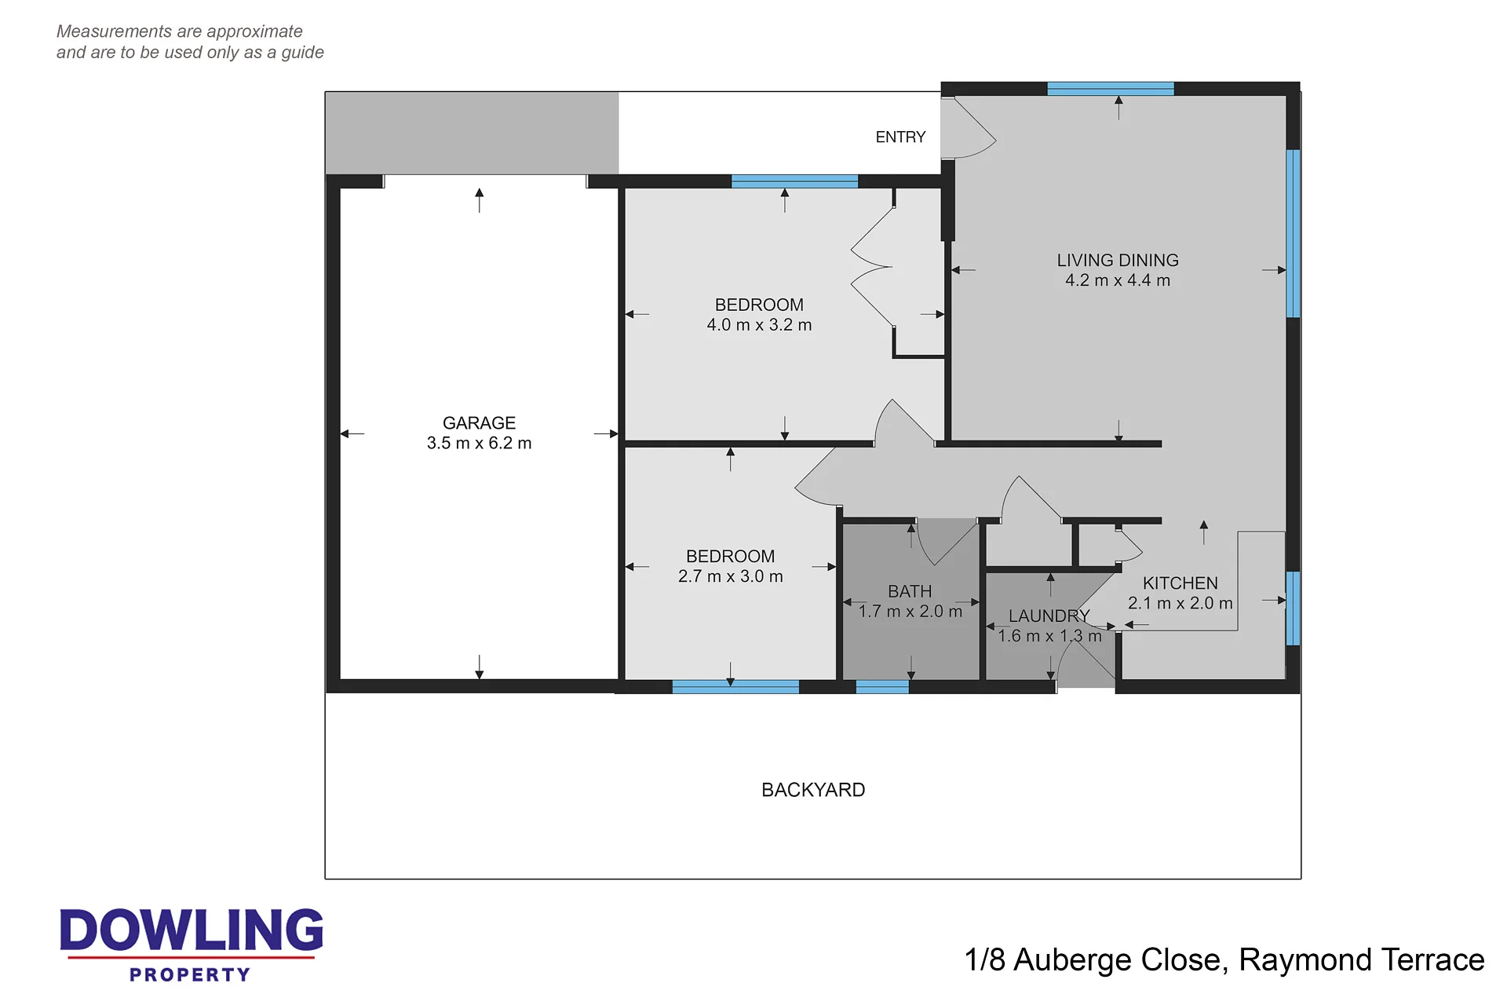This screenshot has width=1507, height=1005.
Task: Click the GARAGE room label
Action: [479, 423]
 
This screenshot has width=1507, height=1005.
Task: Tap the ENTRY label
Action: [900, 137]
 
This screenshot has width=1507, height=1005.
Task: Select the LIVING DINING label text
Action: [1118, 260]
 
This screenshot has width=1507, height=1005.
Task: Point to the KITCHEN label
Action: [1180, 583]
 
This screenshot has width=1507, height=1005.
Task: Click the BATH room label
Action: [910, 591]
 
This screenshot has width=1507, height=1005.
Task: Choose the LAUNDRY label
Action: [1049, 616]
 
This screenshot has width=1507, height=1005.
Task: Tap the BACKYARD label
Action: [813, 790]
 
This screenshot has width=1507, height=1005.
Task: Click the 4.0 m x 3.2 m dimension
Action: [759, 325]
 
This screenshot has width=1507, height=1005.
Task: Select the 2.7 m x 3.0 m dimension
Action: [730, 576]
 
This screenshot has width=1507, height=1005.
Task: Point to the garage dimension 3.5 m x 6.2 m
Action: [479, 443]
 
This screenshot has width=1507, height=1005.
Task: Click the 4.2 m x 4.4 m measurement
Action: [1118, 280]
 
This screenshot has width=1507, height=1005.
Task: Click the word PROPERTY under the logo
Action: [190, 974]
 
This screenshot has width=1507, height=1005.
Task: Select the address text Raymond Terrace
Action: [1362, 959]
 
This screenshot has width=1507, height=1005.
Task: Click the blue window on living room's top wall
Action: [1111, 89]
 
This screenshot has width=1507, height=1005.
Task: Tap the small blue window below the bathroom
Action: [882, 687]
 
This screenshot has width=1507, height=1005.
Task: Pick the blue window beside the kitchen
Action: [1293, 608]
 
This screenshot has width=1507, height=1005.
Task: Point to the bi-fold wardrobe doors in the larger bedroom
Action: [871, 267]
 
